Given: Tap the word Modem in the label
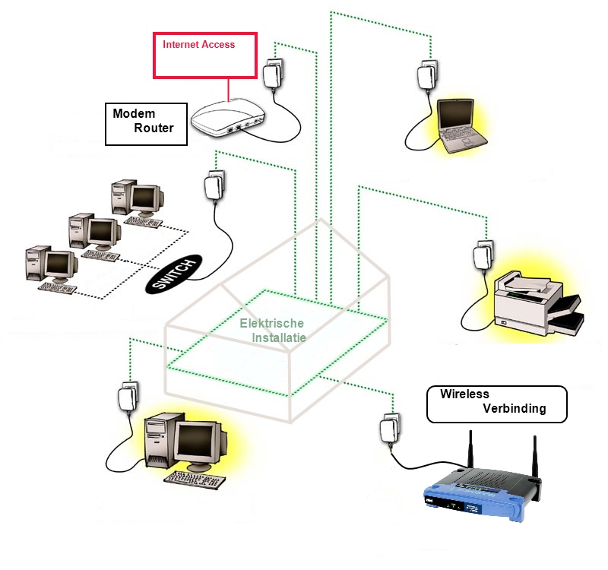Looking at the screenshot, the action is click(134, 113).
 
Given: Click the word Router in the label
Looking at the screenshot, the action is click(154, 128).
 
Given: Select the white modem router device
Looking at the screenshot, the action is click(227, 117).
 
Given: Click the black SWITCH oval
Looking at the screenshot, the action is click(174, 274).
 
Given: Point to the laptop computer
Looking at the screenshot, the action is click(461, 125).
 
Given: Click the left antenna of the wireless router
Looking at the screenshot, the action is click(470, 449).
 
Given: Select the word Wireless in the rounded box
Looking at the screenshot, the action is click(464, 394).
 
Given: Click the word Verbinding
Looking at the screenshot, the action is click(515, 408).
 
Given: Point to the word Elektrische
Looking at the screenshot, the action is click(271, 323).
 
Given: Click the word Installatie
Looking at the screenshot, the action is click(279, 337).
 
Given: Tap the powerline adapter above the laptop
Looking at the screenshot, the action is click(427, 75).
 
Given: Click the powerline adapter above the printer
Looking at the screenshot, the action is click(483, 255).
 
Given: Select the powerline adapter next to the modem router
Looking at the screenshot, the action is click(274, 74).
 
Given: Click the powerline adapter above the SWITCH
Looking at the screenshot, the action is click(214, 185).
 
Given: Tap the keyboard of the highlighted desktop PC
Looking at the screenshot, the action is click(195, 480).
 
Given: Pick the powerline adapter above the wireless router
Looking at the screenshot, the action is click(390, 429).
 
